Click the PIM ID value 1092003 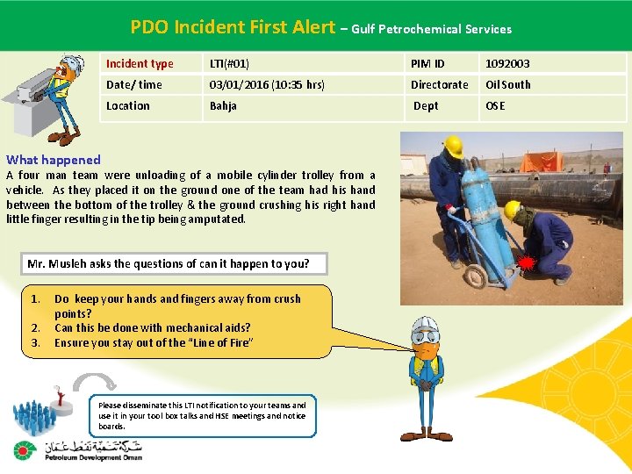pyautogui.click(x=507, y=64)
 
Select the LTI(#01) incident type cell pyautogui.click(x=229, y=64)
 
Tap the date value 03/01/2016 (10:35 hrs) pyautogui.click(x=267, y=85)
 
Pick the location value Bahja pyautogui.click(x=223, y=106)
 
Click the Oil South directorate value pyautogui.click(x=508, y=85)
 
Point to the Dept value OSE pyautogui.click(x=495, y=106)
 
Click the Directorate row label pyautogui.click(x=440, y=85)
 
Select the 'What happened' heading pyautogui.click(x=54, y=160)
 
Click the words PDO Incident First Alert pyautogui.click(x=233, y=27)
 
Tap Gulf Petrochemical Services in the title pyautogui.click(x=432, y=29)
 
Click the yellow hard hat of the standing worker pyautogui.click(x=453, y=146)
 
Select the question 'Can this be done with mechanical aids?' pyautogui.click(x=152, y=328)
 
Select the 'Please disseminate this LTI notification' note pyautogui.click(x=203, y=415)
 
